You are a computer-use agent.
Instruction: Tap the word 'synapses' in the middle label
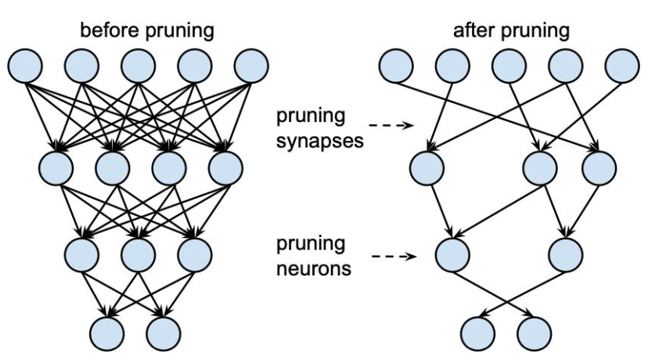point(320,142)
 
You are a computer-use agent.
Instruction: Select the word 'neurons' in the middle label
point(314,269)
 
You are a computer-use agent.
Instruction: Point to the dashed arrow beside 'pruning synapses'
point(391,124)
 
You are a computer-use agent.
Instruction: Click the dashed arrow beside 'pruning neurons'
point(394,257)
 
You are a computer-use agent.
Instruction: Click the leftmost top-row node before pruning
point(25,66)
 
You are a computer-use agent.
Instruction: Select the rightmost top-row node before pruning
point(251,66)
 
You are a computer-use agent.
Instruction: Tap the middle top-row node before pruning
point(139,66)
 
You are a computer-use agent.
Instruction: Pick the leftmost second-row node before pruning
point(56,168)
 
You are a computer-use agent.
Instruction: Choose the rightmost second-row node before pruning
point(225,168)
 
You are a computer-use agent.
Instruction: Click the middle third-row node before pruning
point(139,254)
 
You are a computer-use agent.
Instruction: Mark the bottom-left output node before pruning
point(107,333)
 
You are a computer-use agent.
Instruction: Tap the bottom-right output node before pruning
point(164,333)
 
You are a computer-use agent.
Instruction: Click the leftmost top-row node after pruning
point(396,66)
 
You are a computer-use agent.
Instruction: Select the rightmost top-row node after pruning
point(622,66)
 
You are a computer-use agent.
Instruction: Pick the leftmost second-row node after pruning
point(427,168)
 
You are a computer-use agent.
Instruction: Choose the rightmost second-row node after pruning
point(599,168)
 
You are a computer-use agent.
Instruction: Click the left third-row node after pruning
point(452,254)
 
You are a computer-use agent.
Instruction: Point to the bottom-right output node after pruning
point(534,333)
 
